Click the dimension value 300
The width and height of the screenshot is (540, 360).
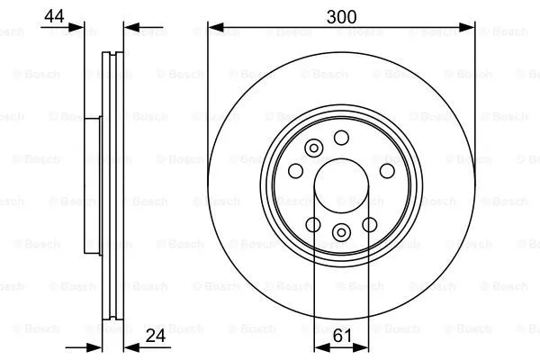point(341,16)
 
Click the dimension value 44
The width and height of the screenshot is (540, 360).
point(54,16)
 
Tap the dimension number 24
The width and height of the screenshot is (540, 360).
point(156,336)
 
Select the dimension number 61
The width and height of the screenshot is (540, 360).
point(342,336)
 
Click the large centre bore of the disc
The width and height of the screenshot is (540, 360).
point(341,185)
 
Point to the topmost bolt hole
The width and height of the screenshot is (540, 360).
point(341,138)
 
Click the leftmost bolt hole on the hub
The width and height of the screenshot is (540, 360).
point(295,170)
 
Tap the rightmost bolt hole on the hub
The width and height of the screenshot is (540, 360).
point(387,171)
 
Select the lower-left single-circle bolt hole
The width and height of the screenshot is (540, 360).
point(313,225)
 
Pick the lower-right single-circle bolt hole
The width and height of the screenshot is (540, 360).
point(370,225)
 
